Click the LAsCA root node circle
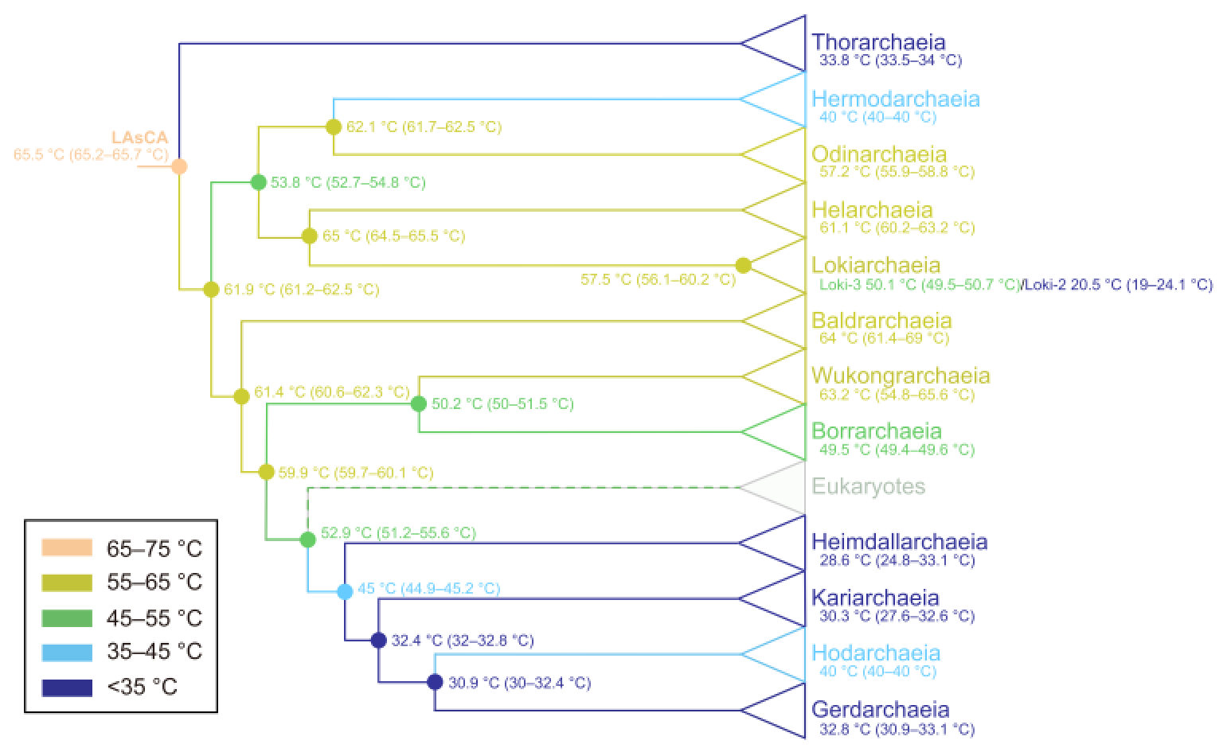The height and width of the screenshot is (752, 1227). pyautogui.click(x=180, y=166)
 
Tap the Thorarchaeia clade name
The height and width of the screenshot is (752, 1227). pyautogui.click(x=878, y=42)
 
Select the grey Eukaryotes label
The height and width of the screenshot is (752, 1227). pyautogui.click(x=868, y=486)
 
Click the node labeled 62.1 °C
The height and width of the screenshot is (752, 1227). pyautogui.click(x=334, y=127)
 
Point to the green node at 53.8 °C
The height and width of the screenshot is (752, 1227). pyautogui.click(x=258, y=182)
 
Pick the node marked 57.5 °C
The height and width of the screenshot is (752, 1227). pyautogui.click(x=743, y=266)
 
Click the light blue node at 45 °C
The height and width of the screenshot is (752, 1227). pyautogui.click(x=345, y=591)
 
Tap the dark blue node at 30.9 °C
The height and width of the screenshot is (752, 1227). pyautogui.click(x=435, y=682)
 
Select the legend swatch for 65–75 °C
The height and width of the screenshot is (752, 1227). pyautogui.click(x=68, y=548)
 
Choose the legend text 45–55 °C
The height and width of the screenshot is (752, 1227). pyautogui.click(x=154, y=618)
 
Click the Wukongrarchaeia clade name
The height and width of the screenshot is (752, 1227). pyautogui.click(x=901, y=376)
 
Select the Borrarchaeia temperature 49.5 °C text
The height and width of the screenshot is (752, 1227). pyautogui.click(x=897, y=450)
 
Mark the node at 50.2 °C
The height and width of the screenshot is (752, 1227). pyautogui.click(x=419, y=403)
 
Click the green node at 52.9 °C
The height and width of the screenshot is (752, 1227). pyautogui.click(x=308, y=540)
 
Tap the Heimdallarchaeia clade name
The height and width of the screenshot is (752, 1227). pyautogui.click(x=900, y=542)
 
